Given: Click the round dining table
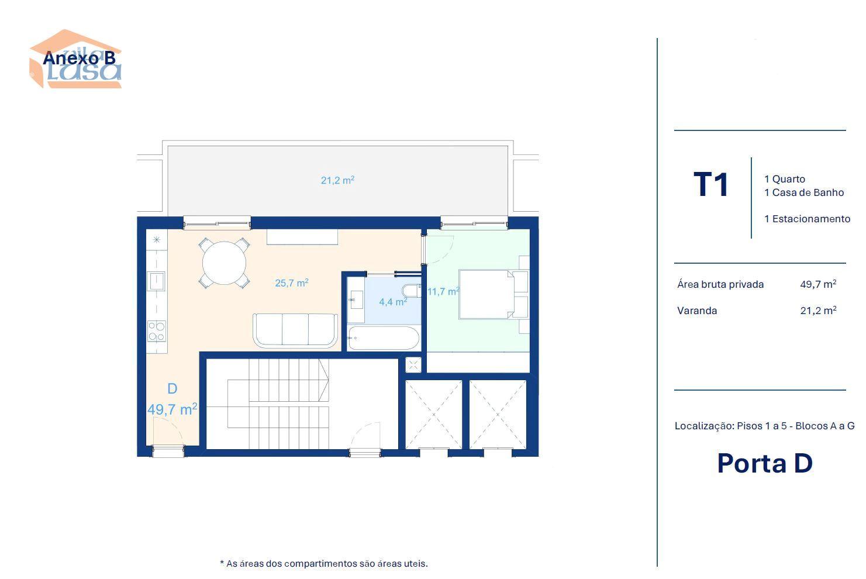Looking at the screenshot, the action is (224, 263).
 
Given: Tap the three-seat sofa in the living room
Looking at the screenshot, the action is (295, 330).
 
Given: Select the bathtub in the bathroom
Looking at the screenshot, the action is (383, 338).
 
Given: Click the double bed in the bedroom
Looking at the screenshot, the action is (487, 294).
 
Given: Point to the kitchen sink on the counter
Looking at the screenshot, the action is (156, 281).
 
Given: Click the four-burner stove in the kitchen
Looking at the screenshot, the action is (157, 332).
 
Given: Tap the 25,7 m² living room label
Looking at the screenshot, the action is (292, 282).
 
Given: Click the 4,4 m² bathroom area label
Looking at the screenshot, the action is (393, 301).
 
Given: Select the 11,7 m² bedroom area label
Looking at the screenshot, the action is (443, 291).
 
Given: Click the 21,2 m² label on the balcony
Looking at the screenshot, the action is (337, 180).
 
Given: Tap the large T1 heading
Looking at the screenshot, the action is (710, 184).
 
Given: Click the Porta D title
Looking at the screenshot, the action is (765, 463).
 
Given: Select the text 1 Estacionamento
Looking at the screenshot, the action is (808, 219).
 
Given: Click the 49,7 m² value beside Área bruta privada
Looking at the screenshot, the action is (818, 284).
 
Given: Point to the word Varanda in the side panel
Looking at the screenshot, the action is (697, 311).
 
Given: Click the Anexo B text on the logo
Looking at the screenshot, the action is (79, 58).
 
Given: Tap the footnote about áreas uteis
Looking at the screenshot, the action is (324, 564).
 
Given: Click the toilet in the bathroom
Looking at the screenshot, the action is (411, 290).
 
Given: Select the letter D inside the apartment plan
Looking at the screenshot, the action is (172, 389).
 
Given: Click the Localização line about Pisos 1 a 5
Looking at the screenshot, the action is (764, 426).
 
